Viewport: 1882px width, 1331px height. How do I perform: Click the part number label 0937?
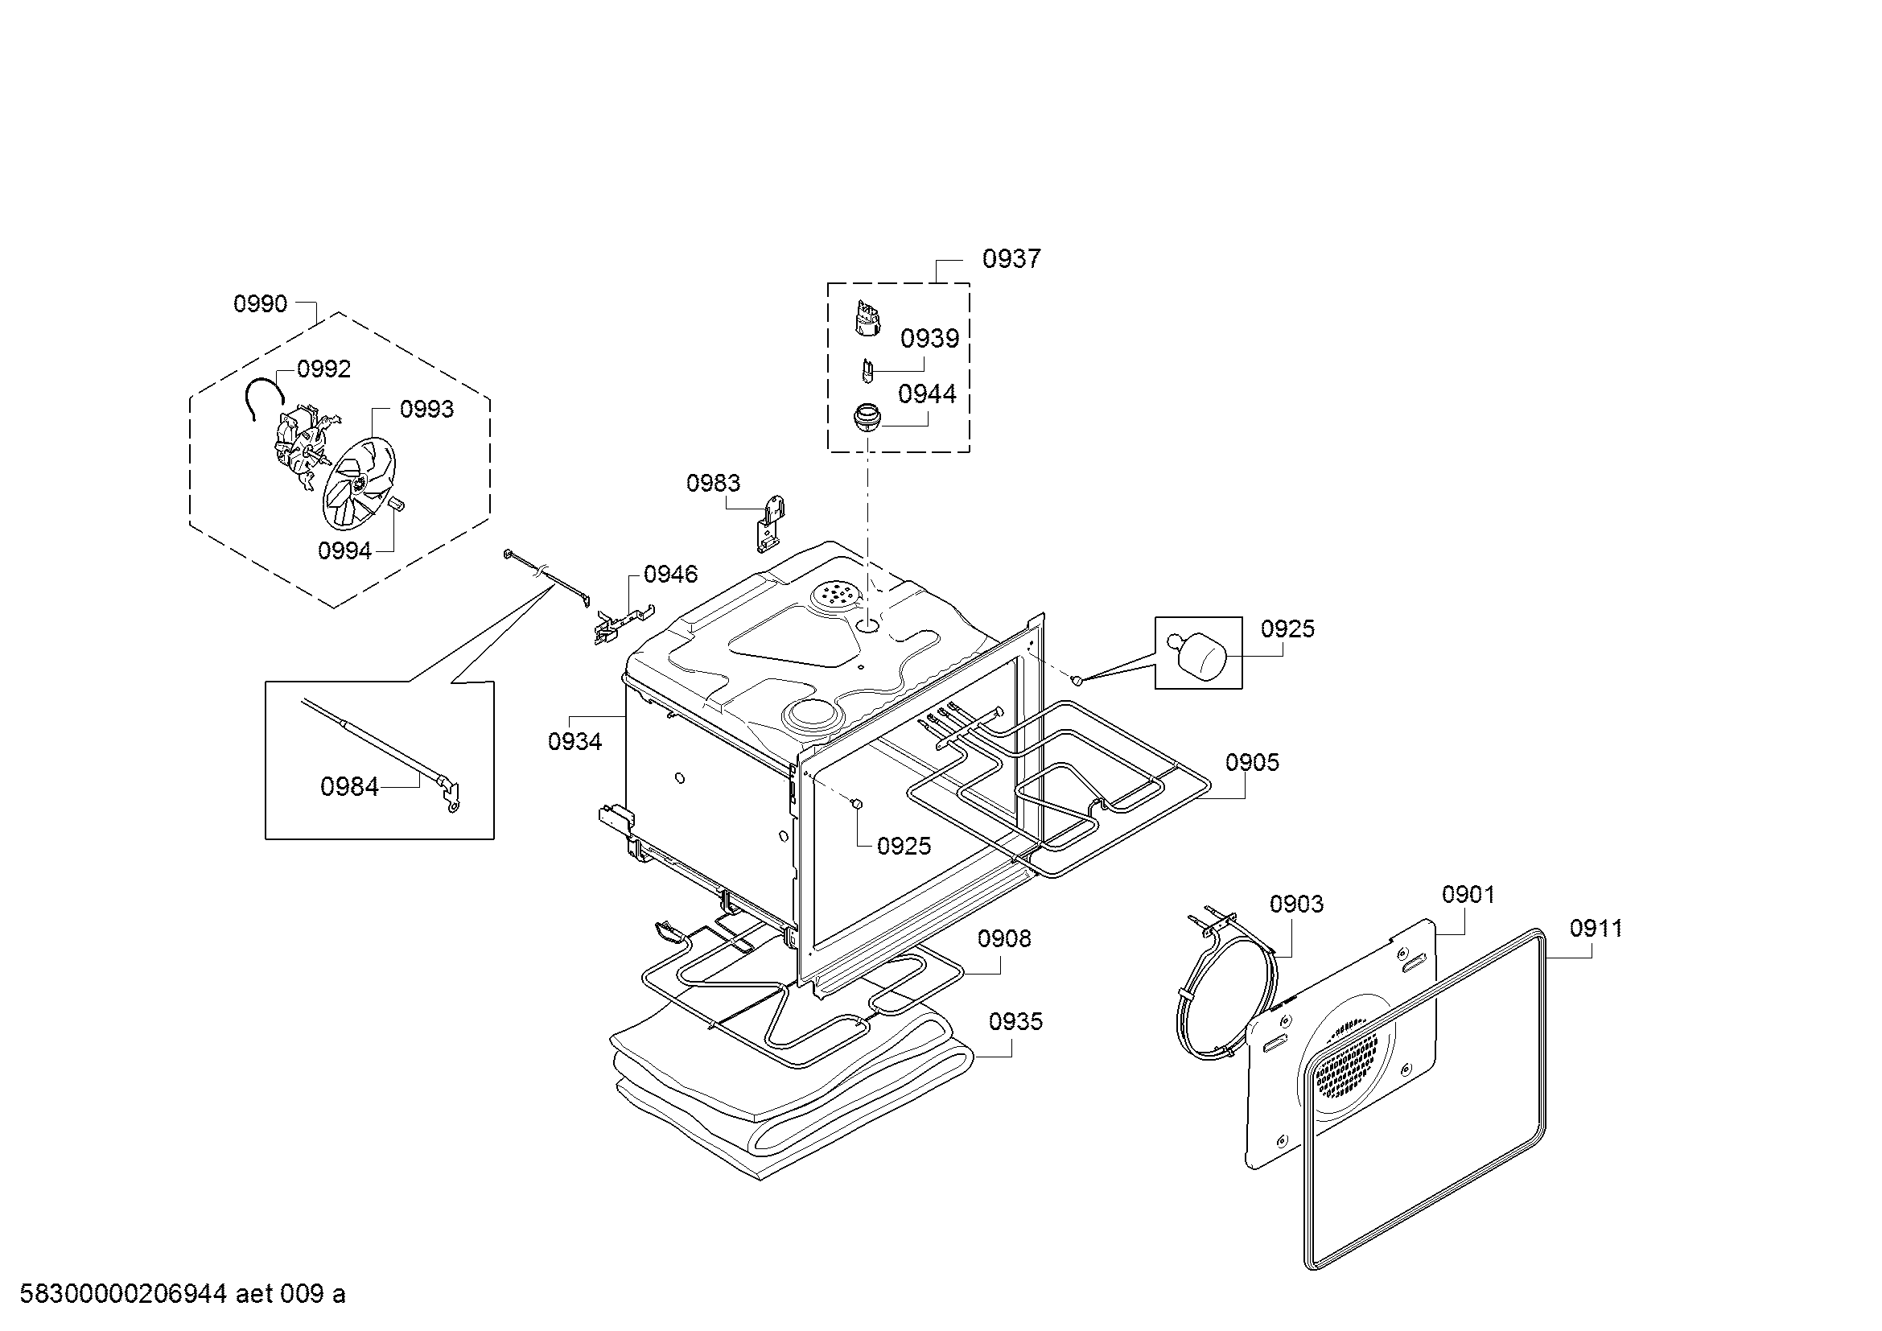coord(1011,259)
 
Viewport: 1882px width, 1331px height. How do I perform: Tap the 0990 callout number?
coord(261,304)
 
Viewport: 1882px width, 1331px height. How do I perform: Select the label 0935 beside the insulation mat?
coord(1015,1021)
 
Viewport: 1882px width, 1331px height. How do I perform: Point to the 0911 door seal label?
coord(1596,928)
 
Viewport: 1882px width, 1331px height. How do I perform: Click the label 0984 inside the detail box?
coord(349,787)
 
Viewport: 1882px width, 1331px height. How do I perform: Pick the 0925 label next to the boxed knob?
coord(1287,628)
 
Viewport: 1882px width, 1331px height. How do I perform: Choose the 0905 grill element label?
coord(1253,762)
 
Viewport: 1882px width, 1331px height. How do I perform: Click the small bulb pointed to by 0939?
coord(867,369)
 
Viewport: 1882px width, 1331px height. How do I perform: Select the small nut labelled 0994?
coord(397,504)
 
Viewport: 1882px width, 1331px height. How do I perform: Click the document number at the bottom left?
coord(182,1293)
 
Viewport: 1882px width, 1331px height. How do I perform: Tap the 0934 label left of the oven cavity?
coord(574,741)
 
